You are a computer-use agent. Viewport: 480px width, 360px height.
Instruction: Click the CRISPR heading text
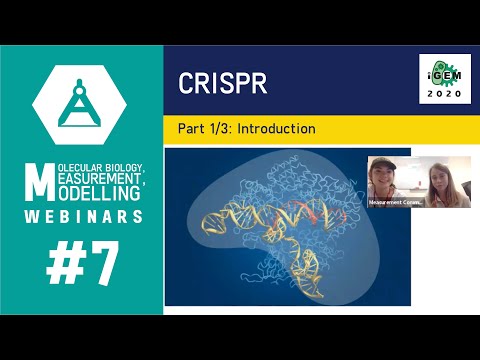[223, 83]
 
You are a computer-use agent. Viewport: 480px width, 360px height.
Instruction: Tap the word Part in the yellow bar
[192, 129]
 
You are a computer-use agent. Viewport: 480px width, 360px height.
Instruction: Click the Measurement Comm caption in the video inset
[395, 202]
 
